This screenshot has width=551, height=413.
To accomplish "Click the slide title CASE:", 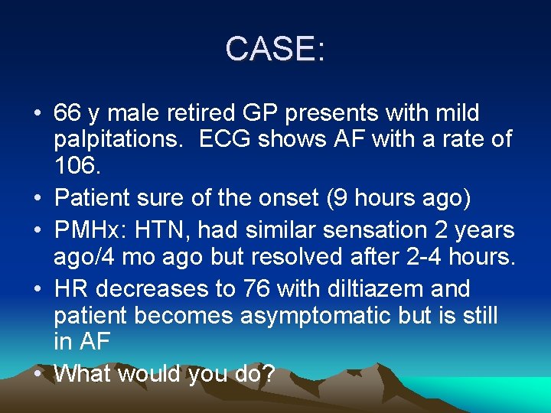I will [x=275, y=50].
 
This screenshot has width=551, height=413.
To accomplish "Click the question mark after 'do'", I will [x=269, y=374].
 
